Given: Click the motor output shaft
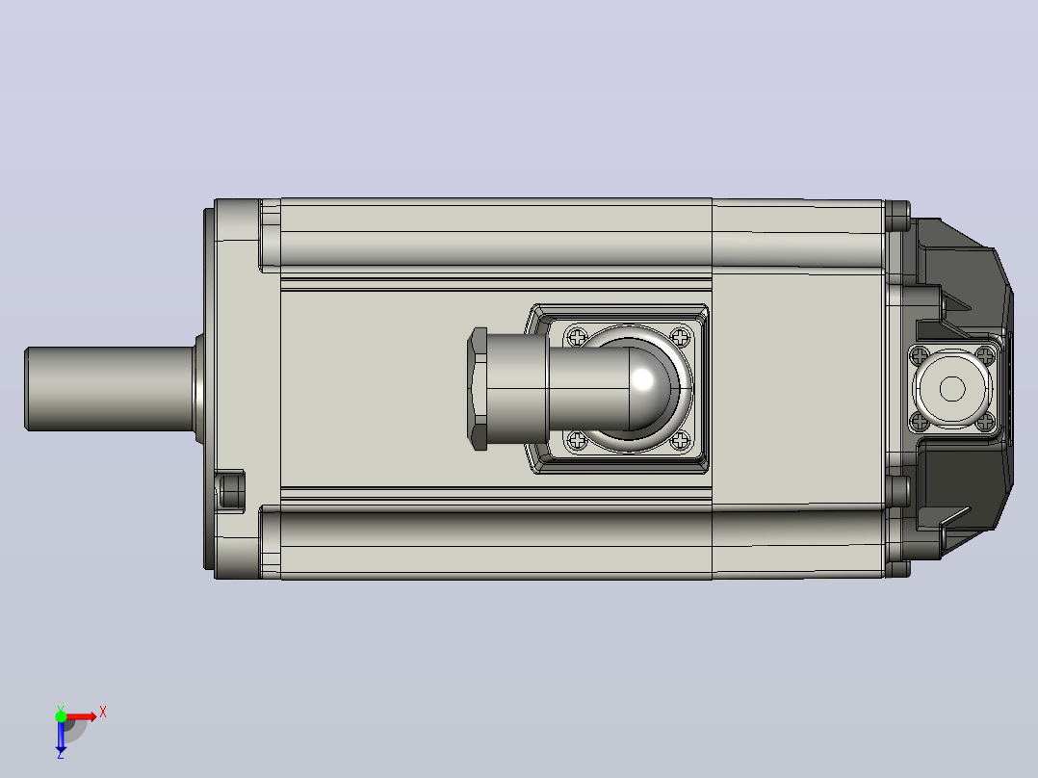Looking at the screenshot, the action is pyautogui.click(x=110, y=389).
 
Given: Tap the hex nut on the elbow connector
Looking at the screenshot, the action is pyautogui.click(x=478, y=389).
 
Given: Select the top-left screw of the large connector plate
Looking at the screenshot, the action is pyautogui.click(x=578, y=336).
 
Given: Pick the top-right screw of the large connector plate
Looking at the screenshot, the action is pyautogui.click(x=680, y=336).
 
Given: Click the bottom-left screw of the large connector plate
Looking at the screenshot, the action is pyautogui.click(x=578, y=440).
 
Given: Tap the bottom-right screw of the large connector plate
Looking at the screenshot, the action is pyautogui.click(x=680, y=440).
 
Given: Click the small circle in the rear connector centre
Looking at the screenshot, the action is pyautogui.click(x=952, y=389).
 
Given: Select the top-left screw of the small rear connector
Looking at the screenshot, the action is pyautogui.click(x=920, y=356).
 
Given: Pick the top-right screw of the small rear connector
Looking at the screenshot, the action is pyautogui.click(x=986, y=356).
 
